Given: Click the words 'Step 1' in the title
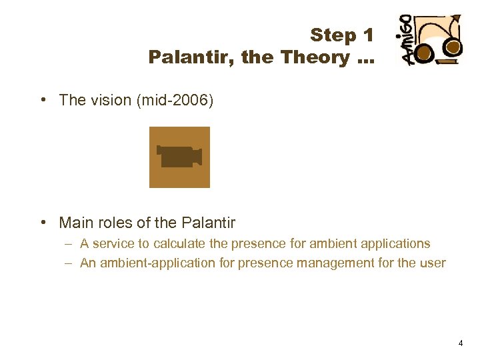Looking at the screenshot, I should tap(341, 35).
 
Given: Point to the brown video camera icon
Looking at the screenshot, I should tap(179, 157).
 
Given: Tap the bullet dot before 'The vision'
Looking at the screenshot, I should tap(42, 100).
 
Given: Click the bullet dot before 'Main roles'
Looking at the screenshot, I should tap(42, 222).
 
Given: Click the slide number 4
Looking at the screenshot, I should tap(460, 343).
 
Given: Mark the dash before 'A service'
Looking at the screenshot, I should tap(69, 244).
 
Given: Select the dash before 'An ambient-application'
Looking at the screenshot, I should tap(69, 263).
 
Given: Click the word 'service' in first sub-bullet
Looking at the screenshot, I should tap(113, 244).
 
